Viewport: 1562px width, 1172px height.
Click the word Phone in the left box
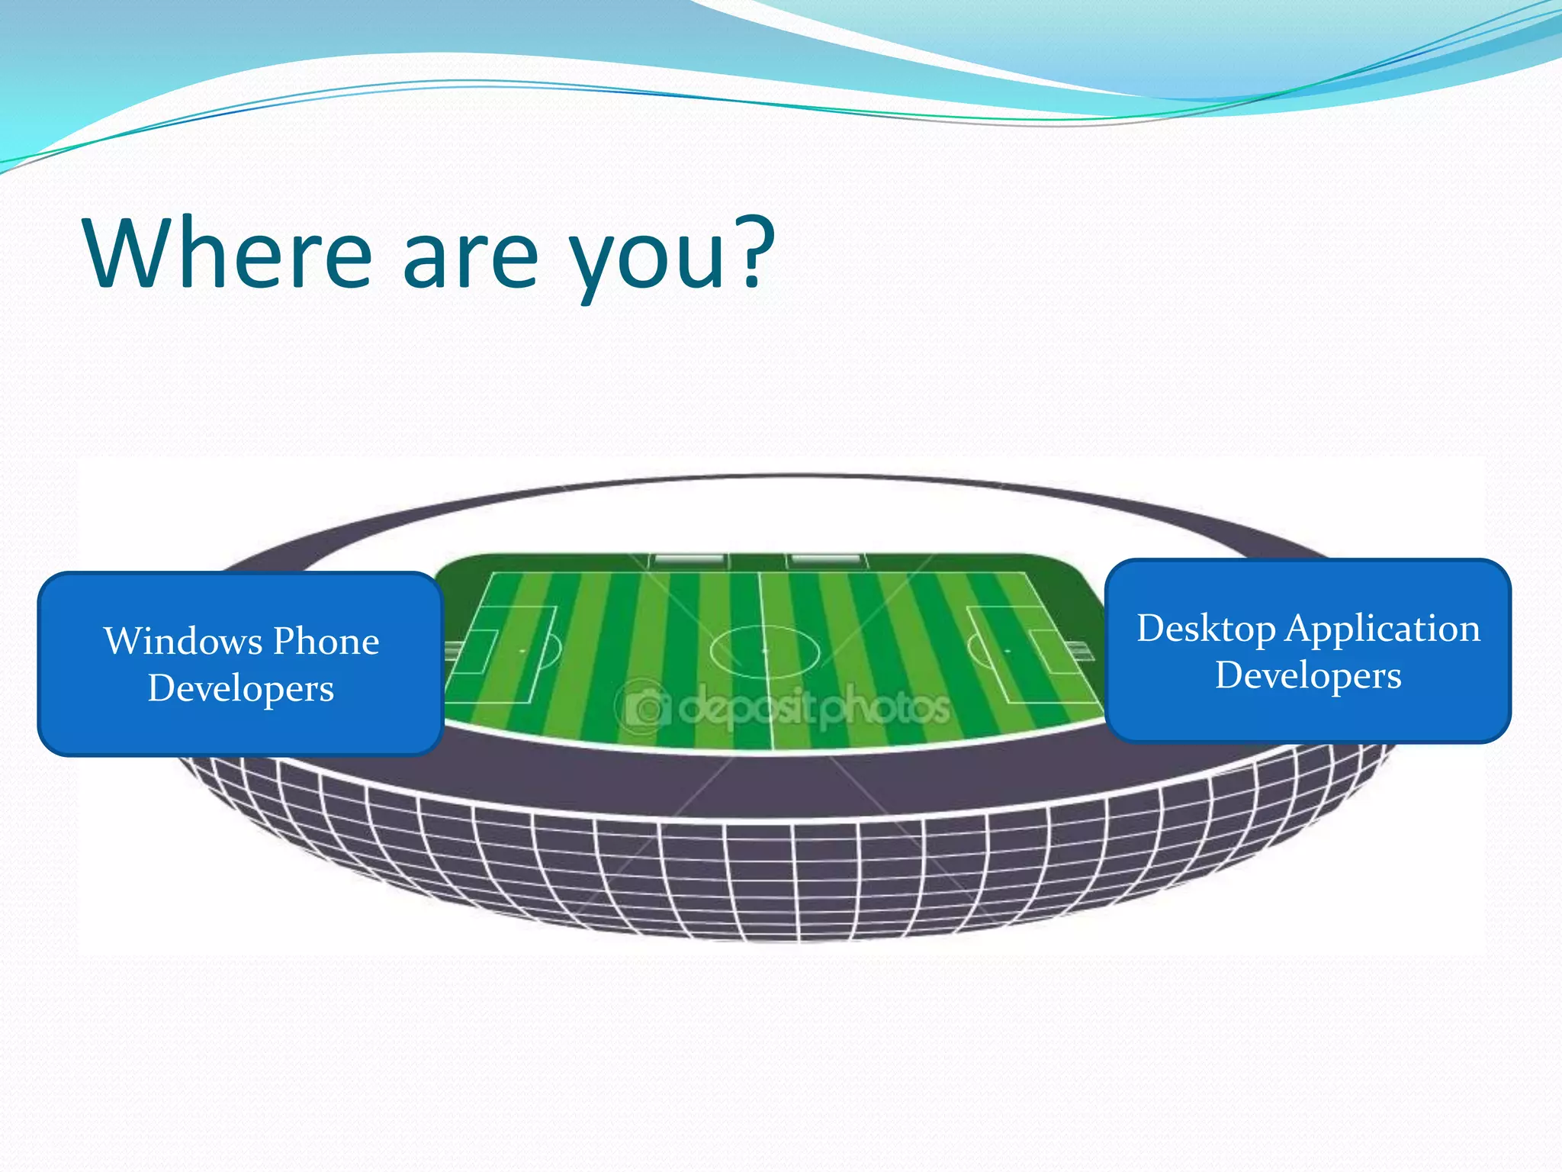point(326,641)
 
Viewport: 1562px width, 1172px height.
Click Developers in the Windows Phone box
point(241,688)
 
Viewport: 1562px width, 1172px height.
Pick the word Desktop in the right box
point(1206,629)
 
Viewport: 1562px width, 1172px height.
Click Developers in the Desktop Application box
point(1308,676)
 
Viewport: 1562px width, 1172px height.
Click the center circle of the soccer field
point(764,651)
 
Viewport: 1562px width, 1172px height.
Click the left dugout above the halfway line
point(688,561)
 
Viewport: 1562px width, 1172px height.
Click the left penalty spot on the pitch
point(522,651)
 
